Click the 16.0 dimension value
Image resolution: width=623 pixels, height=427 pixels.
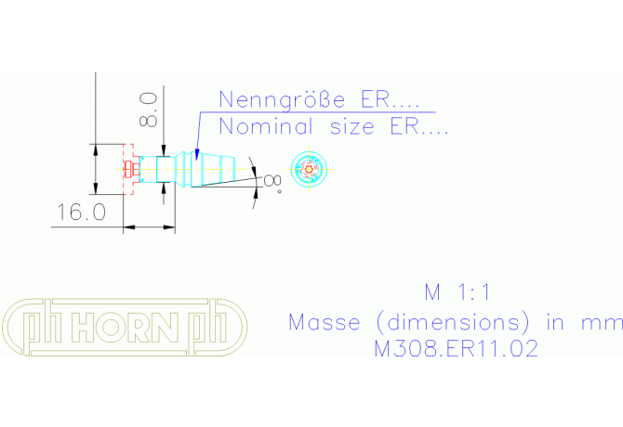[x=80, y=213]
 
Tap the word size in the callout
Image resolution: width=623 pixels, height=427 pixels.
[x=344, y=126]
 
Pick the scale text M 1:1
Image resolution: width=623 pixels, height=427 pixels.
[x=457, y=292]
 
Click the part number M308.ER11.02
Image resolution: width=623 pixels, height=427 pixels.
[x=455, y=349]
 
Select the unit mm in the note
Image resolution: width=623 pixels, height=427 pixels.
[x=604, y=322]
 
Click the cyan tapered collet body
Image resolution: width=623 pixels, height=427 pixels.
[x=217, y=169]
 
